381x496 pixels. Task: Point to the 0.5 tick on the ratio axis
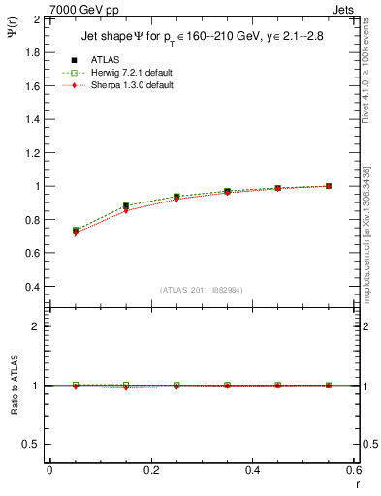(x=31, y=444)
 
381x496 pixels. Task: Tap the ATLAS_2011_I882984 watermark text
(x=201, y=291)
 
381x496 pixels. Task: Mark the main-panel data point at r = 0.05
(x=76, y=231)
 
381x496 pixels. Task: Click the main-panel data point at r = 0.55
(x=329, y=186)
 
